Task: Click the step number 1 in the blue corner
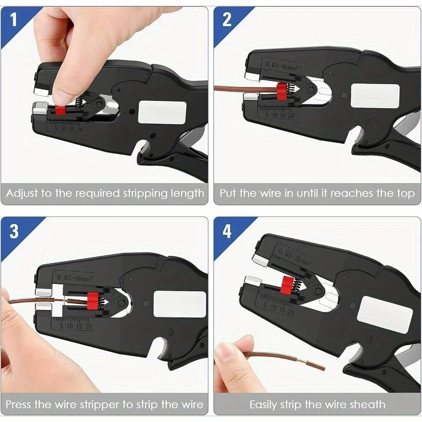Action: [14, 20]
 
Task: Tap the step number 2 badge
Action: [227, 20]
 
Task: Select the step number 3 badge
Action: [14, 232]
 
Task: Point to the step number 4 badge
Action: [227, 232]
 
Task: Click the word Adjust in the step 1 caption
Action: [22, 194]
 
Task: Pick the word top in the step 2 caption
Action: [406, 194]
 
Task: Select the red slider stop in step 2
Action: [281, 91]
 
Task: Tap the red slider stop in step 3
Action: [92, 301]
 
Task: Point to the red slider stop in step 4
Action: [286, 284]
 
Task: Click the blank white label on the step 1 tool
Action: [162, 112]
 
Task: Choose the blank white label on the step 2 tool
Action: [375, 96]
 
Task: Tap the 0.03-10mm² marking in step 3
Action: [75, 277]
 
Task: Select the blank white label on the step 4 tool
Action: [385, 315]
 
